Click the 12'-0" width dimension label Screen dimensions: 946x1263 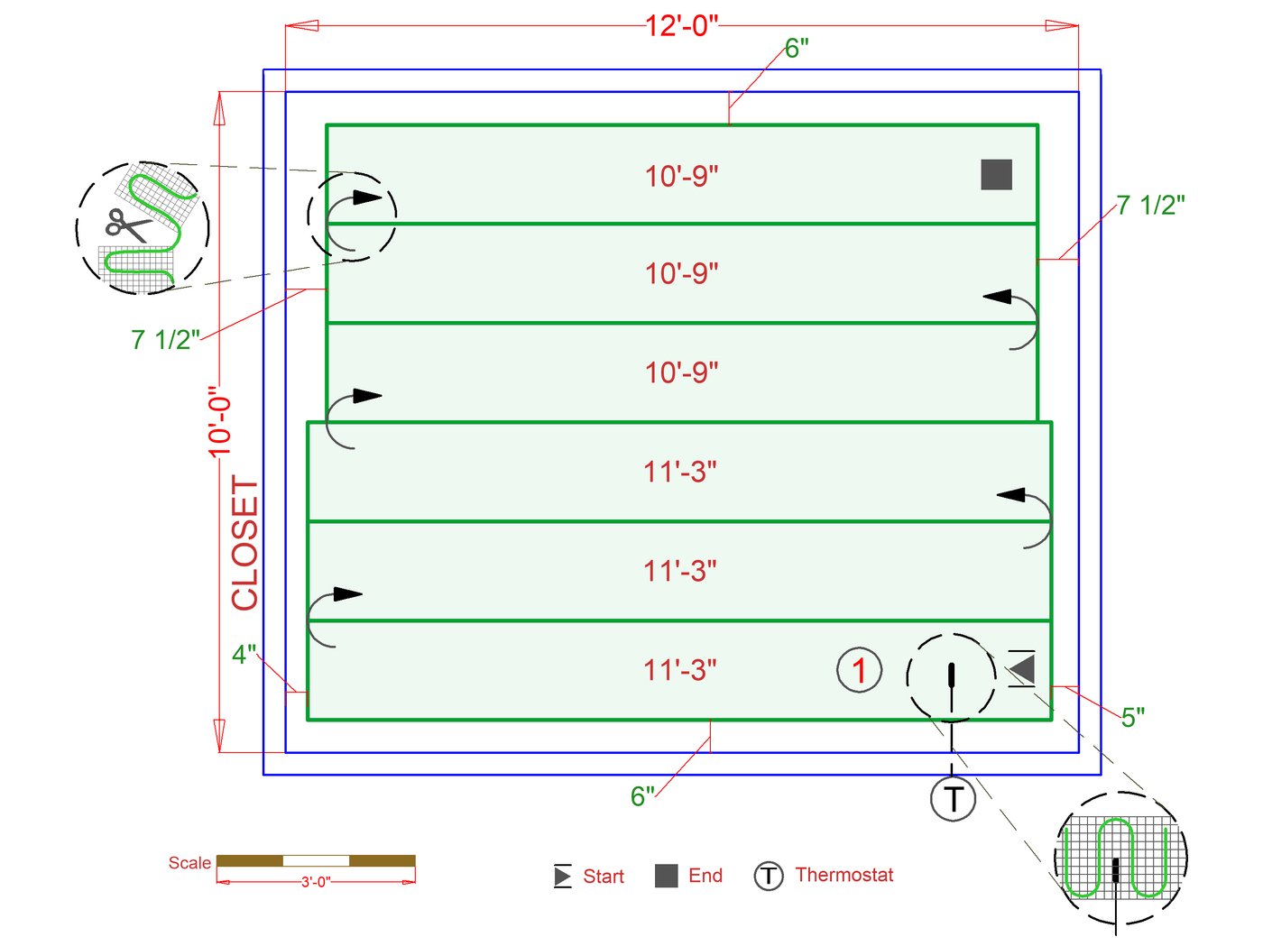[681, 25]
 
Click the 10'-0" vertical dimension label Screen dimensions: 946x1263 [220, 421]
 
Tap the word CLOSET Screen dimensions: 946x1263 [244, 543]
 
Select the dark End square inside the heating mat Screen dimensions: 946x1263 [996, 174]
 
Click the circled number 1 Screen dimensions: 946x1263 [859, 670]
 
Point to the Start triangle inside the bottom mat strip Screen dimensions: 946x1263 [1022, 668]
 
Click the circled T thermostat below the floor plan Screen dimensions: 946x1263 [953, 798]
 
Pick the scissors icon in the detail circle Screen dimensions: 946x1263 [127, 225]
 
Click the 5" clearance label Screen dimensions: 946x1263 [1133, 717]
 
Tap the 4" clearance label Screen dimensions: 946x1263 [244, 654]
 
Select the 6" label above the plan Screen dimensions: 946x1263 [797, 49]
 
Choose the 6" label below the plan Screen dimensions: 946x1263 [642, 796]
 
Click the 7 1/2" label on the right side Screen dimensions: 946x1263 [1150, 206]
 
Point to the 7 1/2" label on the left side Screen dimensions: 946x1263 [165, 340]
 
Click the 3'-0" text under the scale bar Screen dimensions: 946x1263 [316, 882]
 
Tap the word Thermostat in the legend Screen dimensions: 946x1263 [844, 875]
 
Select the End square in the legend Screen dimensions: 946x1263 [666, 876]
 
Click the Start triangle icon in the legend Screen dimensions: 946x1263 [563, 876]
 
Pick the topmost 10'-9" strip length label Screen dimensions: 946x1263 [681, 176]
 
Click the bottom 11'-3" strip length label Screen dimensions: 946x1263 [680, 671]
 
